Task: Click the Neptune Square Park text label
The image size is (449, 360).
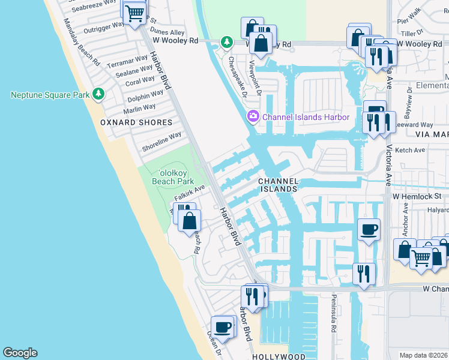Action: coord(50,95)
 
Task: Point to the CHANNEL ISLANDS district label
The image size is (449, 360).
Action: coord(277,185)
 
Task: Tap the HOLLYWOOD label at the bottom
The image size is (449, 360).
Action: coord(279,356)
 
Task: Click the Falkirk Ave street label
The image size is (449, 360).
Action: coord(190,193)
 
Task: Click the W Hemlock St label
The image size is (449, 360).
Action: coord(417,196)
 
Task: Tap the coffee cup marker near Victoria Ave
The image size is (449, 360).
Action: coord(369,229)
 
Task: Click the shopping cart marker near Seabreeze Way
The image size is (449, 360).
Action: coord(136,11)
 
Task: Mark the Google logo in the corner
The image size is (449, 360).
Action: coord(20,353)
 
